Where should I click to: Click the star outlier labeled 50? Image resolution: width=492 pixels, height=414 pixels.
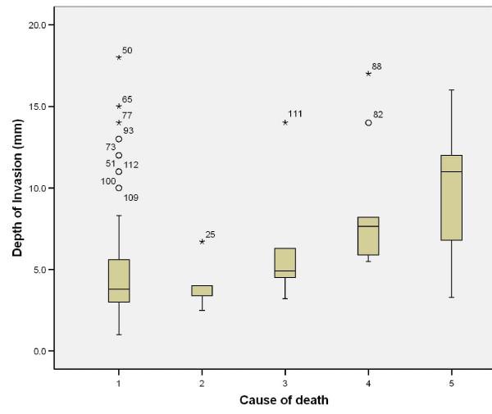pos(119,57)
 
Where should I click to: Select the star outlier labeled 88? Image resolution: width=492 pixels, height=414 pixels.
pos(368,74)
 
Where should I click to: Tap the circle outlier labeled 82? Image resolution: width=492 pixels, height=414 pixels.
pos(368,123)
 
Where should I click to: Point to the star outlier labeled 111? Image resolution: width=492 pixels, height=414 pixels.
pos(285,123)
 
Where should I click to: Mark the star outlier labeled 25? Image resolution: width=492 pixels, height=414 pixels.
pos(202,242)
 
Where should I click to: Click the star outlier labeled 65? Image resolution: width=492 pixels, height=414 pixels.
pos(119,107)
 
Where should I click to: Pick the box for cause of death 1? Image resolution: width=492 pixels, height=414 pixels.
pos(119,280)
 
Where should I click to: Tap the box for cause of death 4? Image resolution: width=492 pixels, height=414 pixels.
pos(368,236)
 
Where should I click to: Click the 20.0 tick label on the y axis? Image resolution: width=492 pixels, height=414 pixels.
pos(36,25)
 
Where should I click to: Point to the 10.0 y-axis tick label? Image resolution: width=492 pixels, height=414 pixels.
pos(36,188)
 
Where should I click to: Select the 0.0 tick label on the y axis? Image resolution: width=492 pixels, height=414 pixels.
pos(39,351)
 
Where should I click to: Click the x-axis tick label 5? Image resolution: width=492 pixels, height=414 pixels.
pos(452,383)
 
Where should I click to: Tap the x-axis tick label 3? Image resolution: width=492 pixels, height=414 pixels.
pos(285,383)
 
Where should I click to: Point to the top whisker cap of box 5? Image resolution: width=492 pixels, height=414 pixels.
pos(452,90)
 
